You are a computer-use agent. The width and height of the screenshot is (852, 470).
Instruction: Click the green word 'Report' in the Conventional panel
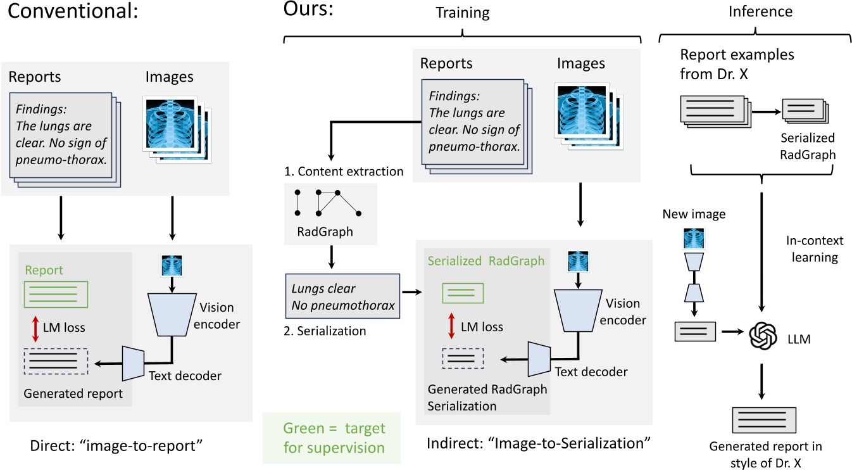44,270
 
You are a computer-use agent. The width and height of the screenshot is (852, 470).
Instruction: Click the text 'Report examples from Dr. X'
737,62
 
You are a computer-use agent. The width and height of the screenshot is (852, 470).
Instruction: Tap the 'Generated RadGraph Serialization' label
487,397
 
